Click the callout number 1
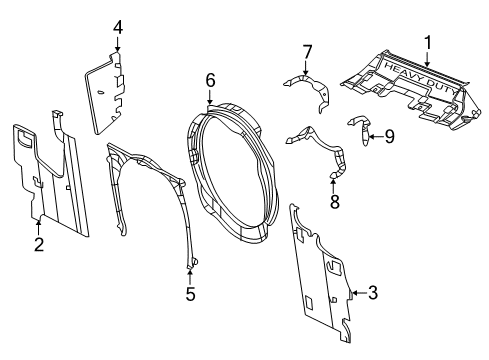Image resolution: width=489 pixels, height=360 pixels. [x=427, y=45]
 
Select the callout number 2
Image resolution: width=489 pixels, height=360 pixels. [x=38, y=243]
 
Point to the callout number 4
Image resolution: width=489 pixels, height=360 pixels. [x=118, y=27]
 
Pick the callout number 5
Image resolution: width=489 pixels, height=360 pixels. [x=191, y=295]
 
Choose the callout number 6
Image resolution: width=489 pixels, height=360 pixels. [x=210, y=78]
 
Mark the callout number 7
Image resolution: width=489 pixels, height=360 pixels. [x=308, y=49]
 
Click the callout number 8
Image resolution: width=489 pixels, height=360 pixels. [x=335, y=201]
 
